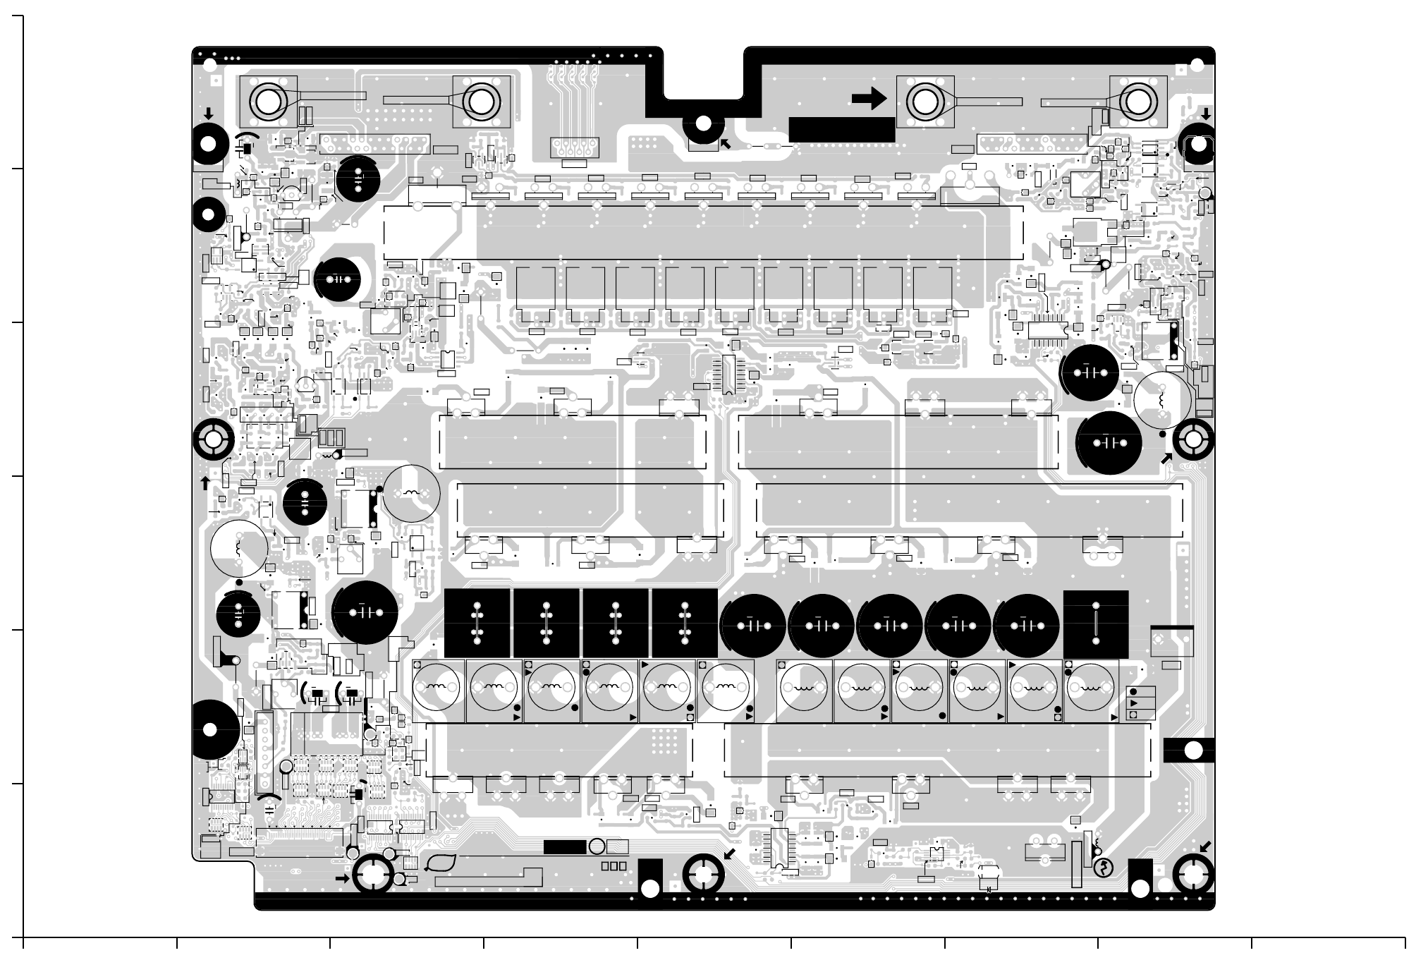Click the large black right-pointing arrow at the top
point(869,99)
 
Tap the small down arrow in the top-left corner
point(209,114)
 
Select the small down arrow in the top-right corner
point(1206,114)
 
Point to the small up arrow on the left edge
point(205,483)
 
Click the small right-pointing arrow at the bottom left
point(342,879)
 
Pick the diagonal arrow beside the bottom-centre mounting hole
point(730,854)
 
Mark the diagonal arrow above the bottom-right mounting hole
point(1205,847)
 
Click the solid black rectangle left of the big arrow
point(841,130)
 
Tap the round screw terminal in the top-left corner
point(268,102)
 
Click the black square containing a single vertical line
point(1096,624)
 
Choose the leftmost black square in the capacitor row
point(477,624)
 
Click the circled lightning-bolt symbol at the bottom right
point(1103,868)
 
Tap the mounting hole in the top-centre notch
point(703,125)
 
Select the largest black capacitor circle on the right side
point(1109,443)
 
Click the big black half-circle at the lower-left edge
point(209,730)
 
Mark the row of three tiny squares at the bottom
point(614,866)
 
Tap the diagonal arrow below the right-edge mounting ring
point(1167,459)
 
